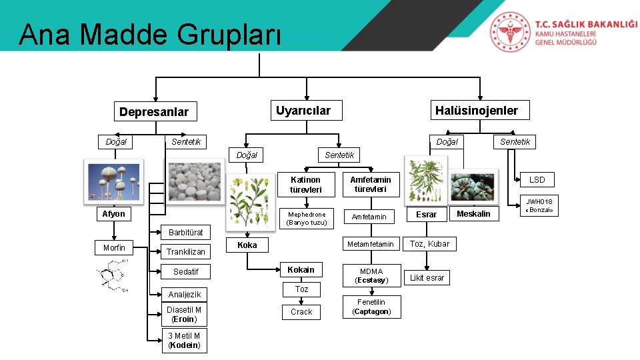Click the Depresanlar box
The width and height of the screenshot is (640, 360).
click(x=154, y=112)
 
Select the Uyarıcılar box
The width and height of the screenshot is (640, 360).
click(x=303, y=110)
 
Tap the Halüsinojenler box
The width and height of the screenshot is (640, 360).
click(x=476, y=111)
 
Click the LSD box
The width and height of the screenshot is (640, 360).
click(x=537, y=180)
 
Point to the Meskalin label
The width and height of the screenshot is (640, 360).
click(x=473, y=214)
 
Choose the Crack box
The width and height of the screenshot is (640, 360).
click(x=301, y=311)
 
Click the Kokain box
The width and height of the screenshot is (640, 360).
click(x=301, y=269)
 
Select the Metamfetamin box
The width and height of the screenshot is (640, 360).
click(x=371, y=244)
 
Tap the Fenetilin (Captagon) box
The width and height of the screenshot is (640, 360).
click(x=371, y=307)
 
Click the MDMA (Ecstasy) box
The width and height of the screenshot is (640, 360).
click(x=371, y=275)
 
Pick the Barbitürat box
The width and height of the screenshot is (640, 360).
click(x=185, y=233)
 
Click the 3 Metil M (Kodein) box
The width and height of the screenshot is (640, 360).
click(x=184, y=340)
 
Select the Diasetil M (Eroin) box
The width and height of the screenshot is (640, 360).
click(x=184, y=314)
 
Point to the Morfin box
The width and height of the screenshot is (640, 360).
click(x=114, y=248)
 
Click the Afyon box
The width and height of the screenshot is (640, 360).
click(x=113, y=214)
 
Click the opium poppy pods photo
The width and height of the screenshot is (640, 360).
click(x=113, y=180)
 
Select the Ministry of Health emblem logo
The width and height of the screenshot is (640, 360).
click(x=511, y=32)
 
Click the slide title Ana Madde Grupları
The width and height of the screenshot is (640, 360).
click(x=151, y=35)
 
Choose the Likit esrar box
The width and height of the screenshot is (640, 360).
click(x=427, y=277)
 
